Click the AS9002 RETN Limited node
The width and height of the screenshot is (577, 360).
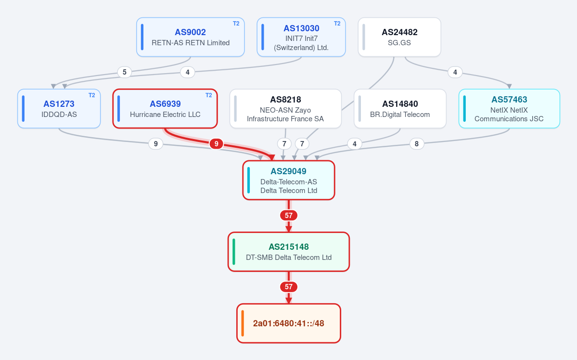[190, 37]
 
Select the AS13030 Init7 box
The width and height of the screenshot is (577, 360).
[301, 37]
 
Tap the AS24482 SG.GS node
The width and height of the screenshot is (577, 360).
[399, 37]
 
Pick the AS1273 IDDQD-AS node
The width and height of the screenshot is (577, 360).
[59, 109]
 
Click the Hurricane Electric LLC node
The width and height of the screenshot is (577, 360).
[165, 109]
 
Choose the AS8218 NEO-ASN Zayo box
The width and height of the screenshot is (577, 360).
[285, 109]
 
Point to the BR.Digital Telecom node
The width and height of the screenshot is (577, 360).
[400, 109]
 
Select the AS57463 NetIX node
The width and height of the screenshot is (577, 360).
[509, 109]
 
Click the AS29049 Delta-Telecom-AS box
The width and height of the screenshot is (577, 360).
[289, 180]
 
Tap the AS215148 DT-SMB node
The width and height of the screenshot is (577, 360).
[289, 252]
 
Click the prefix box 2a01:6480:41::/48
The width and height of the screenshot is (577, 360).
[289, 323]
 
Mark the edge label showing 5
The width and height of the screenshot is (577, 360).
[124, 72]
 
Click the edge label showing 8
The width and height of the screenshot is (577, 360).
[417, 144]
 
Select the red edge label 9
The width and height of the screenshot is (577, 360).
[217, 144]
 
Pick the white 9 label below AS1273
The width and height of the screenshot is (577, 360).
[155, 144]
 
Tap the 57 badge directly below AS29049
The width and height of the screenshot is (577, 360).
[289, 215]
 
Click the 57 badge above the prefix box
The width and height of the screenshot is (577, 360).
[289, 287]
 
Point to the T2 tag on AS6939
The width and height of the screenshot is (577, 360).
[209, 95]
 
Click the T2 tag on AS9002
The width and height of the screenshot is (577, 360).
[236, 24]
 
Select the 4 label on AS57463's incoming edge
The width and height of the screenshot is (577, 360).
[455, 72]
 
